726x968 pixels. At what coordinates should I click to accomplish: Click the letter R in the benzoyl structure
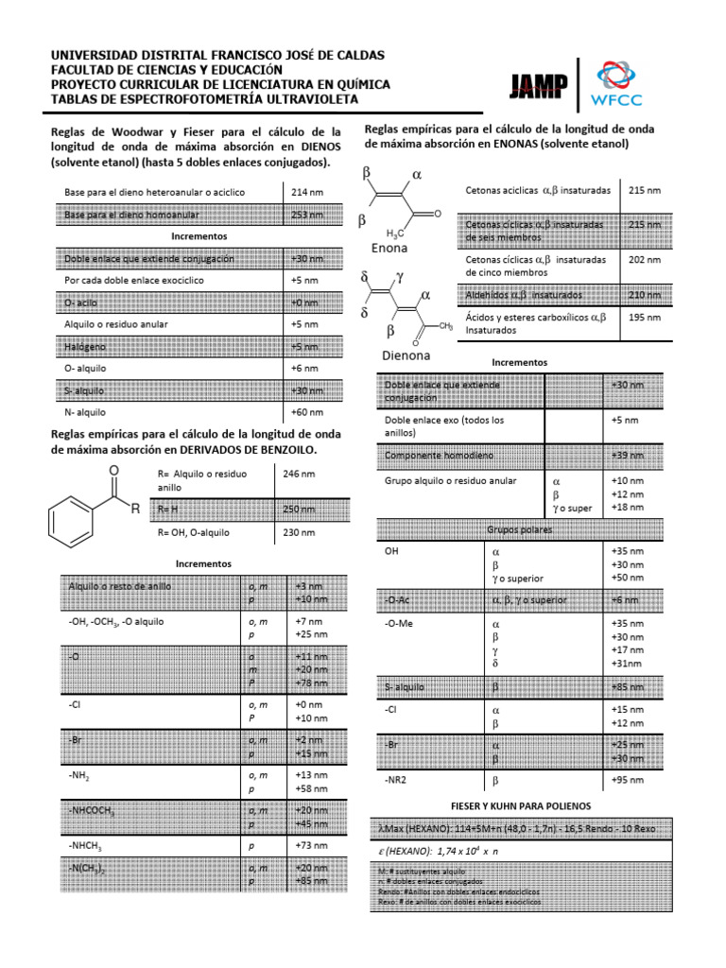click(x=135, y=510)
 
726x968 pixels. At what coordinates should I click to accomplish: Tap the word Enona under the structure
click(x=389, y=249)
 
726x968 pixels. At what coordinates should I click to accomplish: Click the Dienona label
click(x=405, y=356)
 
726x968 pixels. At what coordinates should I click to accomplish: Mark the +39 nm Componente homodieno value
click(x=628, y=456)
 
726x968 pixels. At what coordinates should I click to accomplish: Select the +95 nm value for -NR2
click(x=628, y=781)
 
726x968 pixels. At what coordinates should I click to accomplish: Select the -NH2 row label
click(x=79, y=775)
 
